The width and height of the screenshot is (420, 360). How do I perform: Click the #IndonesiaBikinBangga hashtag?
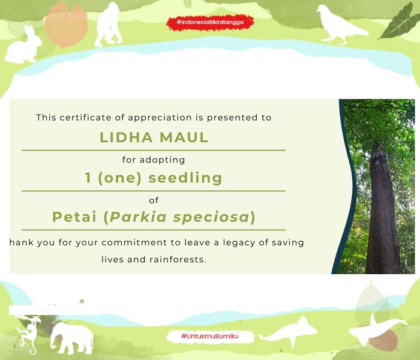pos(210,22)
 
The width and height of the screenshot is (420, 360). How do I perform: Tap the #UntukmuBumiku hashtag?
pos(210,336)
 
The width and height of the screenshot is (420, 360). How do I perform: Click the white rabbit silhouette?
pos(23,46)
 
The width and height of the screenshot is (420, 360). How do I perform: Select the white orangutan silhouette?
pos(107,25)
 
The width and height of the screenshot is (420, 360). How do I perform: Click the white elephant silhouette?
pos(71,338)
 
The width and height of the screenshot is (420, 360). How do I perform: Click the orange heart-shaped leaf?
pos(66,25)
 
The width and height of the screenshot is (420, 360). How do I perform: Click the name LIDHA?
pos(126,137)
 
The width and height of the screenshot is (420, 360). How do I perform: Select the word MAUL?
pos(184,137)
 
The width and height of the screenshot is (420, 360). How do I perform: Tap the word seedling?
pos(185,178)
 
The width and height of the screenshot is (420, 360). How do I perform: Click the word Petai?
pos(74,217)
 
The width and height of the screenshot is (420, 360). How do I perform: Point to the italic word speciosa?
pos(211,217)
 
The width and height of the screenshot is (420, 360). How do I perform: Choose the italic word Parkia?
pos(138,217)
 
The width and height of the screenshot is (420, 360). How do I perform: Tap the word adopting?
pos(162,160)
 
